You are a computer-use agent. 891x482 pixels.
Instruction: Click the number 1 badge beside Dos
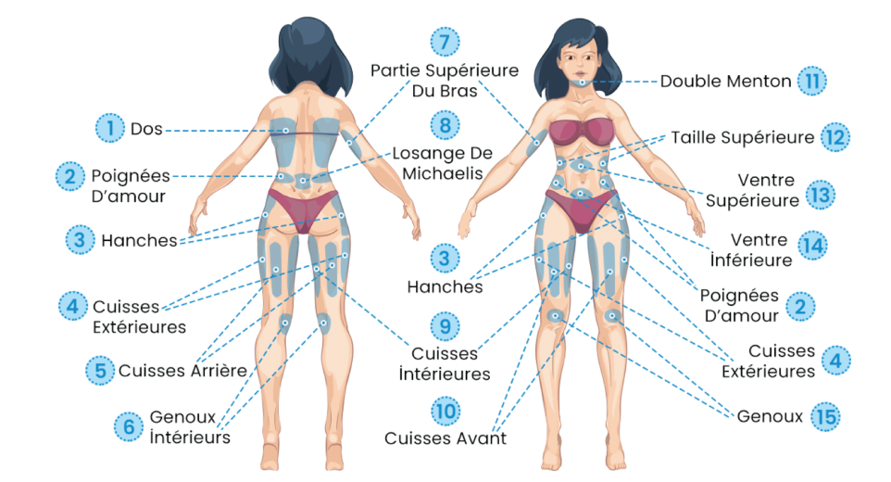(x=110, y=127)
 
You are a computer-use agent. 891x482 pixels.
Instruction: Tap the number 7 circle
(x=445, y=42)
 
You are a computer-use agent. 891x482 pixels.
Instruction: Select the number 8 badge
(x=445, y=124)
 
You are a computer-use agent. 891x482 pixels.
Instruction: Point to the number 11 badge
(x=812, y=81)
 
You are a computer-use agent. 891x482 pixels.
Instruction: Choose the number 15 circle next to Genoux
(x=824, y=416)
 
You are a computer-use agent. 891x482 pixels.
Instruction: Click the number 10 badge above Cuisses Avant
(x=445, y=410)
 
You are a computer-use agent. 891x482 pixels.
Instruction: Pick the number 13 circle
(x=819, y=195)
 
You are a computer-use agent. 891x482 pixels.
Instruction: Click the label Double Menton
(x=725, y=82)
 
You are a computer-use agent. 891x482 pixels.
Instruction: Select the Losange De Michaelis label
(x=442, y=164)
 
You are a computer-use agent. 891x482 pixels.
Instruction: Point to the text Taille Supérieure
(x=743, y=137)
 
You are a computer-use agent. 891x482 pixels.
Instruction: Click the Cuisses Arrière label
(x=182, y=371)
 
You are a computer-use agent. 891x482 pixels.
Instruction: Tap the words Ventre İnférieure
(x=761, y=250)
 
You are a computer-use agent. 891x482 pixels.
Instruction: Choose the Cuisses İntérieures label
(x=450, y=363)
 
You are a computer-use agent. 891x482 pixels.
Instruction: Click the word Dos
(x=146, y=130)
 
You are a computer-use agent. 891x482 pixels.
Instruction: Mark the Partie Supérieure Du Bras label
(x=445, y=82)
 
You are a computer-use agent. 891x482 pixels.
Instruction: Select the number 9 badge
(x=445, y=325)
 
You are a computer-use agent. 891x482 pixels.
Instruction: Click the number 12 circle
(x=835, y=137)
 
